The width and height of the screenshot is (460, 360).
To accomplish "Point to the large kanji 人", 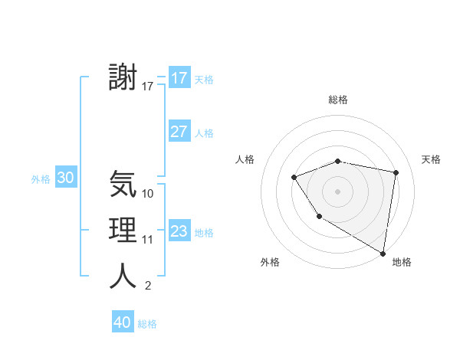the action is point(123,276).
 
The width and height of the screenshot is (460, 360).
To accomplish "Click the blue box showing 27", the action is point(179,132).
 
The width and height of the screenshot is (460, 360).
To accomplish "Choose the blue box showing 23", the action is point(179,231).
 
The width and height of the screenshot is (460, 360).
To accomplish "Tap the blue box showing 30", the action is point(66,178).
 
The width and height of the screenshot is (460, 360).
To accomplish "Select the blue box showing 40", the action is point(123,322).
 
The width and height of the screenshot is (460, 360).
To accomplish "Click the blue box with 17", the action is point(179,78).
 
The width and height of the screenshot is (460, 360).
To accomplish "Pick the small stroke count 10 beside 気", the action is point(148,194).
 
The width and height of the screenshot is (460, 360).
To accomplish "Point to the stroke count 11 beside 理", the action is point(148,240).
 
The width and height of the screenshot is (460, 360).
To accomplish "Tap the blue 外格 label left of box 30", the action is point(41,179).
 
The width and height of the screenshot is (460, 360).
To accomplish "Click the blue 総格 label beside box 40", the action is point(147,324).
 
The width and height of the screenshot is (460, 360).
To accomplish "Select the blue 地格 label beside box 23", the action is point(204,233).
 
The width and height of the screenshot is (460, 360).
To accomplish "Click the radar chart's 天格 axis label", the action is point(431,159).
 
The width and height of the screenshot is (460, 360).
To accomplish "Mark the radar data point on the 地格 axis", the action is point(383,253).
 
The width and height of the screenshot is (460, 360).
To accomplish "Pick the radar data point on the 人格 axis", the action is point(294,178).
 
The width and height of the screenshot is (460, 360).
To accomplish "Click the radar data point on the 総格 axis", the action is point(337,161).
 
